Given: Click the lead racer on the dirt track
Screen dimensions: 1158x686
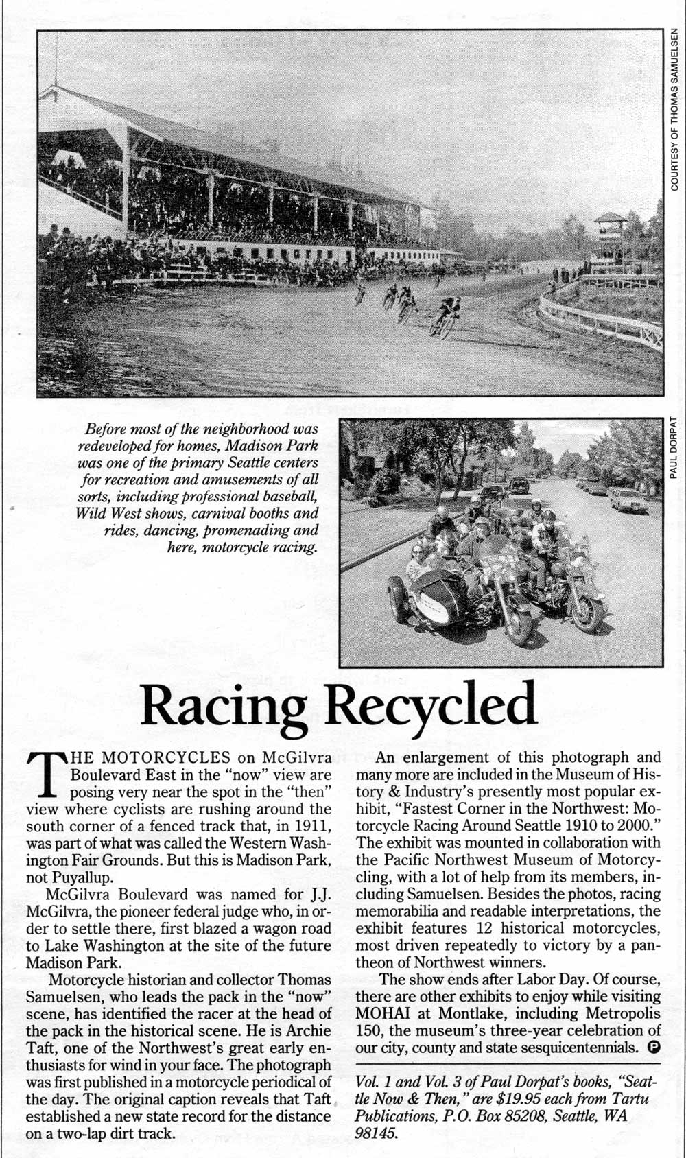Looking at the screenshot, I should (x=447, y=317).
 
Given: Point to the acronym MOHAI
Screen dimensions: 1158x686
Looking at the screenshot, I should (x=385, y=1013).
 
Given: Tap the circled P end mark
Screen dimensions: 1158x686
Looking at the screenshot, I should (x=654, y=1048).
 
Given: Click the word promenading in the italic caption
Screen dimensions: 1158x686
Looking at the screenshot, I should (x=239, y=530).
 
